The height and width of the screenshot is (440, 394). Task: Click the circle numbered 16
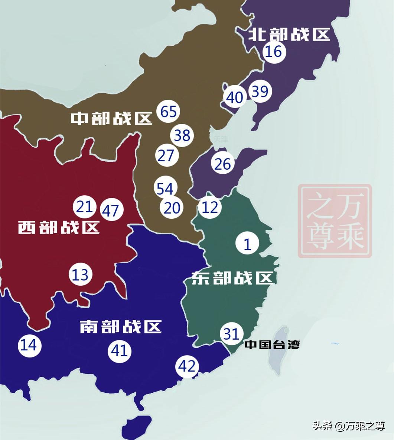point(274,51)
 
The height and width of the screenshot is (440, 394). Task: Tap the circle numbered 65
point(168,111)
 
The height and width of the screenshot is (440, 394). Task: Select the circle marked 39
point(260,91)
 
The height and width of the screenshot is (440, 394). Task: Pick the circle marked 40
point(235,97)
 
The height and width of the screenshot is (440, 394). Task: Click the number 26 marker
point(222,164)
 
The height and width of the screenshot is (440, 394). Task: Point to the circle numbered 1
point(247,244)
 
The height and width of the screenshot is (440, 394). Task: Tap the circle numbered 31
point(231,334)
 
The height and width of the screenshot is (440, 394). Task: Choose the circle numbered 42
point(187,366)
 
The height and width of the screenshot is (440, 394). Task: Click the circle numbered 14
point(29,345)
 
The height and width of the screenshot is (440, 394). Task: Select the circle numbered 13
point(80,275)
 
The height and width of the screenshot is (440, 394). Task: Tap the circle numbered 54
point(165,189)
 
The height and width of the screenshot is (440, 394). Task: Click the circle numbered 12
point(210,207)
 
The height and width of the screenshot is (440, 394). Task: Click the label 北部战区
point(289,35)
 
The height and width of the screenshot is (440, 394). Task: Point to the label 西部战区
point(59,227)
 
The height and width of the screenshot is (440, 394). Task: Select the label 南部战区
point(121,327)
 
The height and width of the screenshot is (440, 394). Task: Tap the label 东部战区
point(233,278)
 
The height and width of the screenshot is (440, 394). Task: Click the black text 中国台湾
point(272,344)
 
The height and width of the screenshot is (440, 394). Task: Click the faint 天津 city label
point(221,139)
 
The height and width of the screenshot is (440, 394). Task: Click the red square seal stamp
point(335,221)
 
